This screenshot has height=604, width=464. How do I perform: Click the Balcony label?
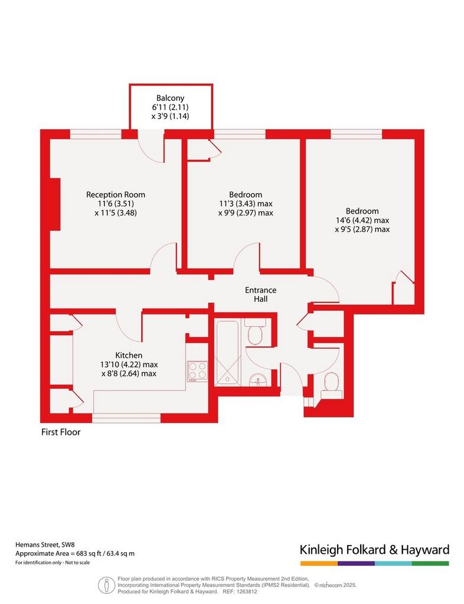tap(170, 99)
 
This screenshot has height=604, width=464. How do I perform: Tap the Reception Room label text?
tap(116, 195)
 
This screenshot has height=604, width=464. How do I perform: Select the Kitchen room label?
tap(129, 355)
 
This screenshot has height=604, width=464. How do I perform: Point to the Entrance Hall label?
tap(260, 294)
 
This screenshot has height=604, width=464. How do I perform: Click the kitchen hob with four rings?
tap(197, 372)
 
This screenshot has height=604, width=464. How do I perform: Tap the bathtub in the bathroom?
tap(228, 352)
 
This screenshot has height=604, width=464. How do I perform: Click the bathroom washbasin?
tap(257, 380)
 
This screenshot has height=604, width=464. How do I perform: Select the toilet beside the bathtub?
tap(255, 331)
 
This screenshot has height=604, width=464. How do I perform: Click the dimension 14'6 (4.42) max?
tap(362, 221)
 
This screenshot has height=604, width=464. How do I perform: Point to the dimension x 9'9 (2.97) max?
tap(246, 212)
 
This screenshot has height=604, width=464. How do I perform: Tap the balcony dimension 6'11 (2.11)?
tap(170, 107)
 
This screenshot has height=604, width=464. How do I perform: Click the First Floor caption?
tap(61, 432)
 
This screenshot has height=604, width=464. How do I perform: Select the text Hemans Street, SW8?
tap(45, 544)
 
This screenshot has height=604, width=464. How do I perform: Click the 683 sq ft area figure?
tap(87, 553)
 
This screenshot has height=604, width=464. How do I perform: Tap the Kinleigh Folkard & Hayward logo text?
tap(375, 550)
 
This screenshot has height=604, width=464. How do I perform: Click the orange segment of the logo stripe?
tap(319, 563)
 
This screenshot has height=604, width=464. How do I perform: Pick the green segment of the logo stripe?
tap(430, 563)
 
